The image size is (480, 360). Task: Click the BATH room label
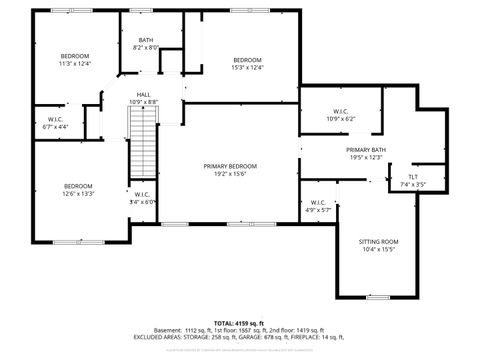pos(146,40)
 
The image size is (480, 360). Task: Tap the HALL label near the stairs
pos(144,94)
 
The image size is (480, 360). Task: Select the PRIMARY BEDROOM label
pos(231,166)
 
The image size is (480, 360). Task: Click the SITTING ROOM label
pos(378,241)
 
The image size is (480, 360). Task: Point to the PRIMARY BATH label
pos(367,149)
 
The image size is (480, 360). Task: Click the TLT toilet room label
pos(413,177)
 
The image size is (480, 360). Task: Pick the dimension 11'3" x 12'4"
pos(75,63)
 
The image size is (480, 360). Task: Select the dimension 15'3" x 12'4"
pos(248,68)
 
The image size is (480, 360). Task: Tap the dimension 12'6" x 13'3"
pos(79,194)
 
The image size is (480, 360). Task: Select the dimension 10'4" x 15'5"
pos(378,249)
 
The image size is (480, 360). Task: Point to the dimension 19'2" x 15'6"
pos(231,174)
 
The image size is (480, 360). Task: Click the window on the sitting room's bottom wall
pos(378,297)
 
